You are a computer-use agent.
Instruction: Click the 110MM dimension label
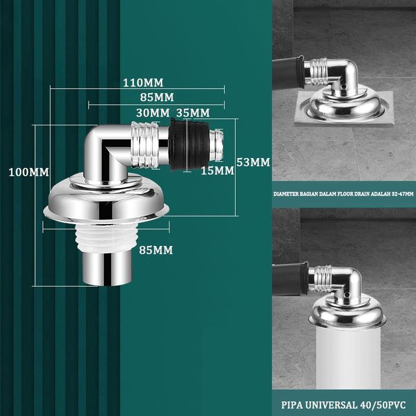point(143,83)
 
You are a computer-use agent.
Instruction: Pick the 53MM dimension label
point(253,162)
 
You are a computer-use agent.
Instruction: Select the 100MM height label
point(29,172)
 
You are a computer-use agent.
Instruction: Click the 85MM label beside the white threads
point(156,250)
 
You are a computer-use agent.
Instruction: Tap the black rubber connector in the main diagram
point(190,144)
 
